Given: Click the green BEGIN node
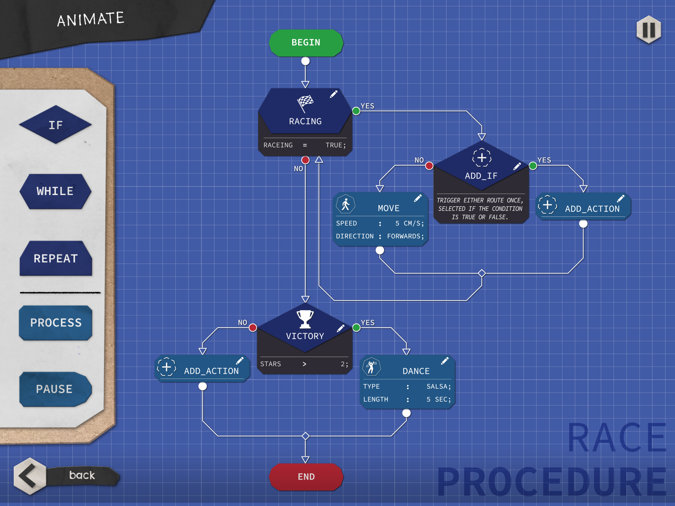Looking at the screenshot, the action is pyautogui.click(x=306, y=43).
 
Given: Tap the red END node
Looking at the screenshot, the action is pyautogui.click(x=306, y=477).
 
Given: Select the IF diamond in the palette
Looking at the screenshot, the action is pyautogui.click(x=56, y=125).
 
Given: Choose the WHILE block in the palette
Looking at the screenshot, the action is pyautogui.click(x=56, y=192).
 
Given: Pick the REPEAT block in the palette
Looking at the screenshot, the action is pyautogui.click(x=56, y=258).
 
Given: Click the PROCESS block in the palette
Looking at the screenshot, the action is pyautogui.click(x=56, y=323).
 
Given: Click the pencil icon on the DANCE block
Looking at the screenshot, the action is pyautogui.click(x=445, y=361).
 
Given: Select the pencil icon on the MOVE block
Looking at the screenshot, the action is pyautogui.click(x=418, y=199).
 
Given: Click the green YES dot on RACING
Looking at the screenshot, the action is pyautogui.click(x=356, y=111).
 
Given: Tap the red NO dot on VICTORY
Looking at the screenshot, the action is pyautogui.click(x=253, y=328).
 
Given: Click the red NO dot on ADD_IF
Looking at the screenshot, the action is pyautogui.click(x=429, y=166).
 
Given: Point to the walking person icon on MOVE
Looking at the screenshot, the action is pyautogui.click(x=346, y=204).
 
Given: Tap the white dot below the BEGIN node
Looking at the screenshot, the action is pyautogui.click(x=306, y=61).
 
